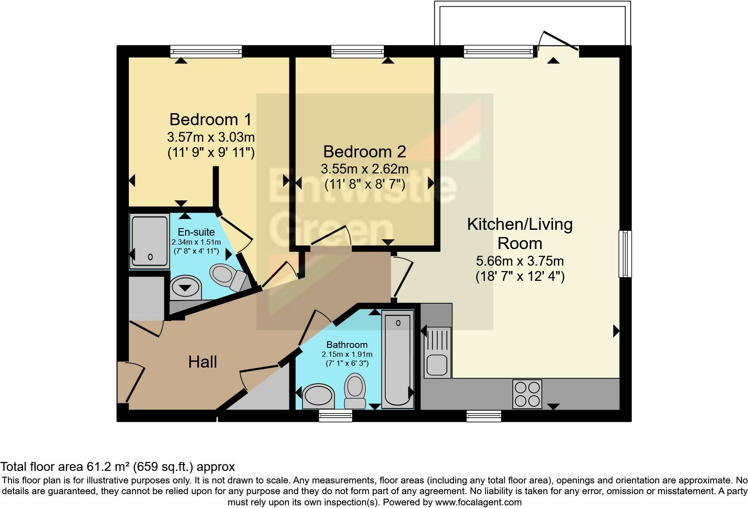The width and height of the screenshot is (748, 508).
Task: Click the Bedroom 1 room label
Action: coord(210,119)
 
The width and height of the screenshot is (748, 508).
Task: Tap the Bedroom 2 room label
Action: coord(365,152)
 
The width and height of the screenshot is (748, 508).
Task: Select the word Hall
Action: coord(202,362)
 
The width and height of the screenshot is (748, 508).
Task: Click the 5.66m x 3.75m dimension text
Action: coord(520,261)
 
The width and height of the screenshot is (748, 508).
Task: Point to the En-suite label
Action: coord(196,232)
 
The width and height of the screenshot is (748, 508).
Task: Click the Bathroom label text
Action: coord(347,344)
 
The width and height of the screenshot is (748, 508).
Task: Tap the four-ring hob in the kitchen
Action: coord(527,394)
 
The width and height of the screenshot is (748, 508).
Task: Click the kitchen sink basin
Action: coord(437,365)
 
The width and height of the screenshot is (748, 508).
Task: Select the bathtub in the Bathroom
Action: coord(398,359)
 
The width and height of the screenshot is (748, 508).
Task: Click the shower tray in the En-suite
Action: coord(149,241)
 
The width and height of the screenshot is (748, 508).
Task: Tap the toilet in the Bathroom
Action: coord(355,391)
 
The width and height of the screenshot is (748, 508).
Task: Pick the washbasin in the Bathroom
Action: coord(318,397)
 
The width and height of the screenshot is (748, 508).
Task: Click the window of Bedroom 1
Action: coord(206,52)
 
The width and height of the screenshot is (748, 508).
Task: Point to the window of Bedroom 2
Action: coord(357,52)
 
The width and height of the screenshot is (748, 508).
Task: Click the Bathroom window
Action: coord(336,416)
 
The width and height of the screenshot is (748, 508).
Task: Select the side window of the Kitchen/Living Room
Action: coord(625,254)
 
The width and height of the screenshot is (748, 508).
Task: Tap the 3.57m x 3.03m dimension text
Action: coord(211,137)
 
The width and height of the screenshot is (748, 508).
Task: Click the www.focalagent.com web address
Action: coord(478,502)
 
